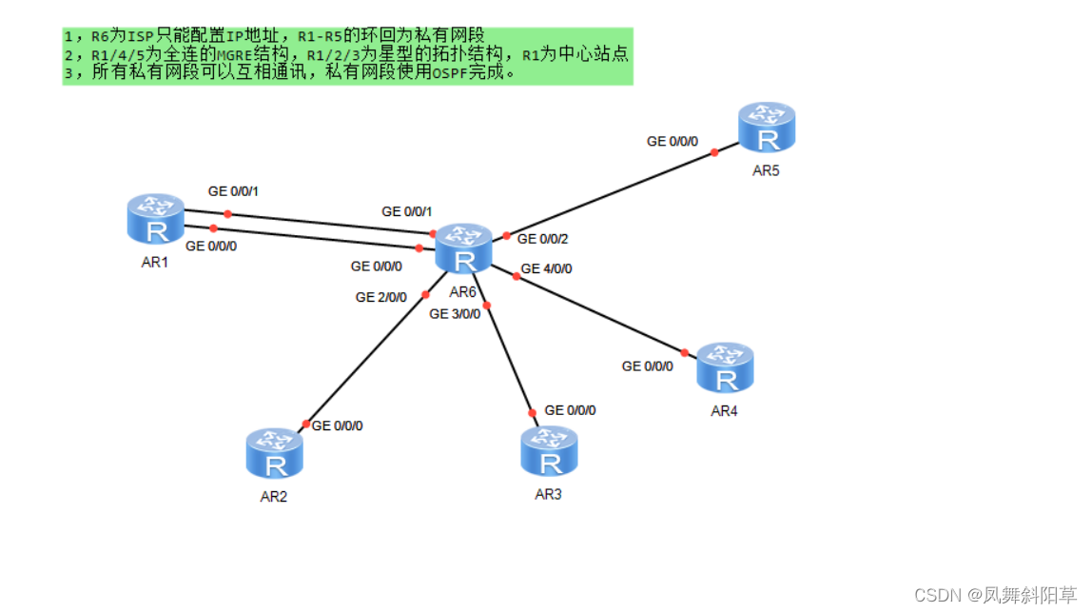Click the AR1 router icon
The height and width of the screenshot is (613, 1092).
pyautogui.click(x=156, y=219)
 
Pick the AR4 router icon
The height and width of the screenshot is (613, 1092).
pyautogui.click(x=726, y=368)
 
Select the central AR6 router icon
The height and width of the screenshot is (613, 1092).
pyautogui.click(x=464, y=249)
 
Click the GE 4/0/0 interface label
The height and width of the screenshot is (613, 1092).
pyautogui.click(x=546, y=268)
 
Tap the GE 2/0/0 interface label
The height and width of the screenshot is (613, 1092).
pyautogui.click(x=381, y=297)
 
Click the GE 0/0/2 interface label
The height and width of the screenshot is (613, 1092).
pyautogui.click(x=543, y=239)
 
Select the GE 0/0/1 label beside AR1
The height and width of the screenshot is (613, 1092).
pyautogui.click(x=233, y=191)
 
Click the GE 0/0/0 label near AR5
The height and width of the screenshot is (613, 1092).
pyautogui.click(x=673, y=141)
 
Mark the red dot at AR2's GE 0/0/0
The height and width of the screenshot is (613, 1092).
pyautogui.click(x=306, y=424)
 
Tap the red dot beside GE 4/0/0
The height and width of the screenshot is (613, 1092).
pyautogui.click(x=517, y=276)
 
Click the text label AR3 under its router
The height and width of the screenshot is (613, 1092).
pyautogui.click(x=548, y=494)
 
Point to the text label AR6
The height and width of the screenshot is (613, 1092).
pyautogui.click(x=462, y=291)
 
